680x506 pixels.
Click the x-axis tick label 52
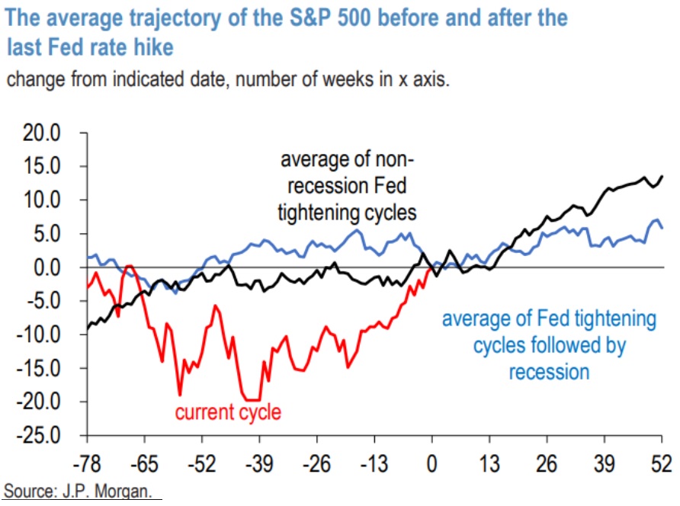point(661,463)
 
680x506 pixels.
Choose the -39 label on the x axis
point(259,463)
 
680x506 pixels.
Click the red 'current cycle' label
point(228,413)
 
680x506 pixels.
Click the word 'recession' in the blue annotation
point(549,373)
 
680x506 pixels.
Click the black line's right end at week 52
point(661,176)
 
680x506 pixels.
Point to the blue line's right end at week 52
point(661,228)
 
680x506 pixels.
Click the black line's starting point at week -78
point(88,329)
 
